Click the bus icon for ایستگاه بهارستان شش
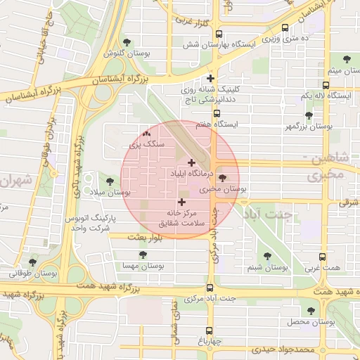[x=219, y=34]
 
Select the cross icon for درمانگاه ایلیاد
[x=191, y=162]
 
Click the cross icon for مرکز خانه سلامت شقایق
[x=182, y=202]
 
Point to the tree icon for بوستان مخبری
[x=223, y=179]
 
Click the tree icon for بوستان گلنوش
[x=127, y=42]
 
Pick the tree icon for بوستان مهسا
[x=143, y=256]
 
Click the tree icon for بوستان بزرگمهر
[x=309, y=115]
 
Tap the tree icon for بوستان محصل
[x=309, y=310]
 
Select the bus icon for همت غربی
[x=323, y=257]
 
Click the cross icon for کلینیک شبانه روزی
[x=210, y=78]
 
